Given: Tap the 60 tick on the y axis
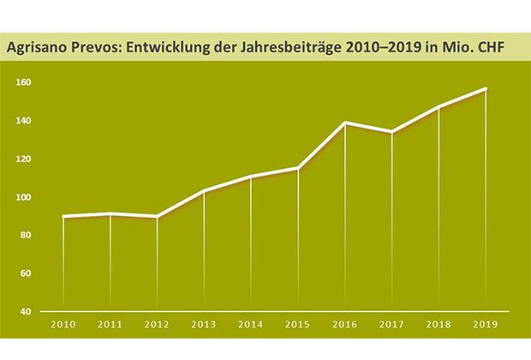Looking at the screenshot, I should click(26, 273).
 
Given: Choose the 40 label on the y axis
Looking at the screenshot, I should click(26, 311).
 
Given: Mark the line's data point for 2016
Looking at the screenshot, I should click(345, 123).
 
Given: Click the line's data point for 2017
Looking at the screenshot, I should click(391, 132).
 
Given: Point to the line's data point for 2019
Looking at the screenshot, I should click(486, 89).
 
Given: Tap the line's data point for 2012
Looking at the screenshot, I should click(158, 217).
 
